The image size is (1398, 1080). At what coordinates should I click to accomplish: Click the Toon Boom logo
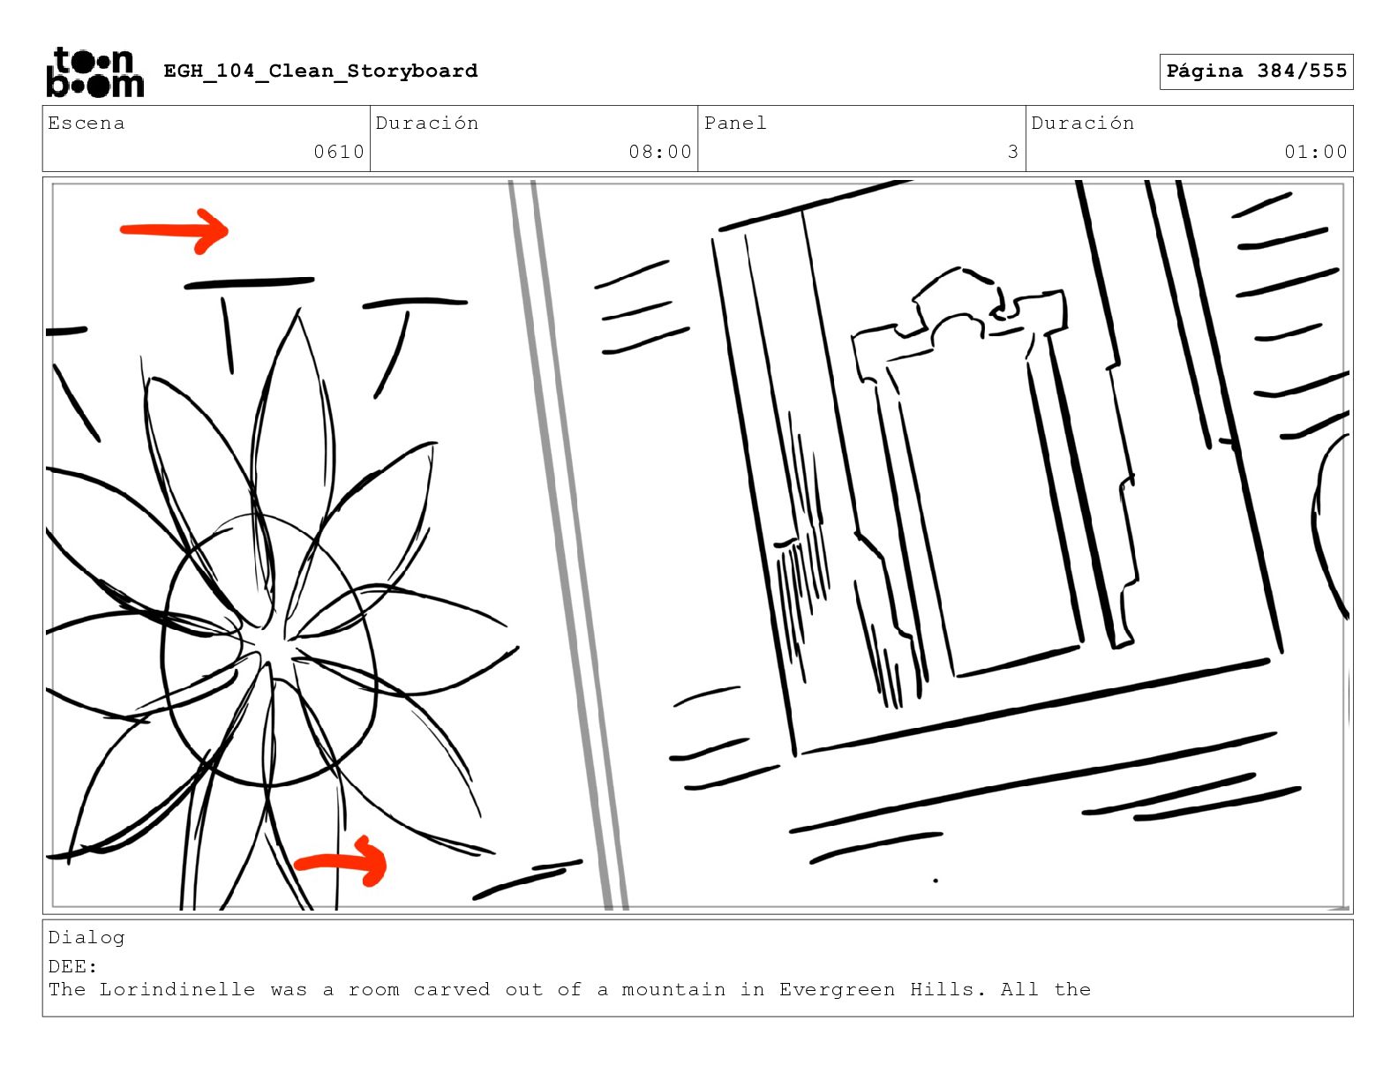[95, 72]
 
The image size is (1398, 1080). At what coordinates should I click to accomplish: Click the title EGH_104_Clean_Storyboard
[320, 71]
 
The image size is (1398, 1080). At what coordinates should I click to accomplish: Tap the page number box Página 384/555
[1256, 71]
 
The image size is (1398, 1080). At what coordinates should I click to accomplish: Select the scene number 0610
[339, 152]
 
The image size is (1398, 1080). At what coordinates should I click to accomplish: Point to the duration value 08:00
[660, 152]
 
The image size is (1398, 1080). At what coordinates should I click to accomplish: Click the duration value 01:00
[1316, 152]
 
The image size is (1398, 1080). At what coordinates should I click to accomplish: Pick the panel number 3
[1012, 152]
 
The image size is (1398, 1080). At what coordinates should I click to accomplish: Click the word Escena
[86, 123]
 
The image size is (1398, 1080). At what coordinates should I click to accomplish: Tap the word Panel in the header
[735, 123]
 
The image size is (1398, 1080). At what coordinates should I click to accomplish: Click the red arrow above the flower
[175, 230]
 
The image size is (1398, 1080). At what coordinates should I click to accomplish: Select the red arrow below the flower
[341, 862]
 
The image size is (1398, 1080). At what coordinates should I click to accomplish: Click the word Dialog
[86, 938]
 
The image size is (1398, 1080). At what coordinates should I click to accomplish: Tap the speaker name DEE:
[72, 966]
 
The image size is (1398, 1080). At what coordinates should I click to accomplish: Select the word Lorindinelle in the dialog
[177, 989]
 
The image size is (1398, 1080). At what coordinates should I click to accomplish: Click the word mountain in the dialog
[673, 989]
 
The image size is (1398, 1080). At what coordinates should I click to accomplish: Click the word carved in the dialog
[452, 989]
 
